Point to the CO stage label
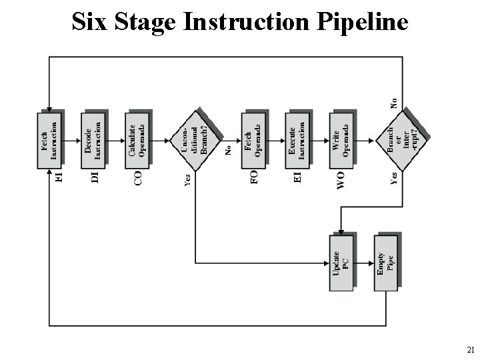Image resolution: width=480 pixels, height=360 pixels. [138, 177]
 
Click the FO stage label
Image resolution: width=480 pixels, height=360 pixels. [253, 177]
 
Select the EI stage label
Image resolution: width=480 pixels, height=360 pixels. [297, 177]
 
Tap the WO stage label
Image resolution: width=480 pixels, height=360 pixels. [341, 180]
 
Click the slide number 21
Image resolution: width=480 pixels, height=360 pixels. [470, 349]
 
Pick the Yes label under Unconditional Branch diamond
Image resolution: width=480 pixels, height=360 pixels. [187, 180]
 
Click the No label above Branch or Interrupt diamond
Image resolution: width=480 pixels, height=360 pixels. [394, 103]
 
